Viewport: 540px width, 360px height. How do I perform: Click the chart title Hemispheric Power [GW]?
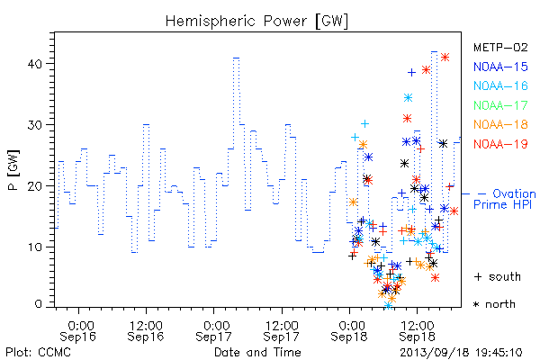coord(256,21)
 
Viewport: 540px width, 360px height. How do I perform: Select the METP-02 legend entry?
coord(500,47)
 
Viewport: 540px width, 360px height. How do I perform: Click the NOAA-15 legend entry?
coord(500,67)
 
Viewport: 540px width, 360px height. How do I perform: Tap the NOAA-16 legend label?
coord(500,85)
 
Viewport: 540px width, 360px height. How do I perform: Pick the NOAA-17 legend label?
coord(500,105)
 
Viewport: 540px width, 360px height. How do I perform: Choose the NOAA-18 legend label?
coord(500,124)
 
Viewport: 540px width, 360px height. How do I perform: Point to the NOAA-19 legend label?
coord(500,144)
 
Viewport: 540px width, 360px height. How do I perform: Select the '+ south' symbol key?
coord(498,276)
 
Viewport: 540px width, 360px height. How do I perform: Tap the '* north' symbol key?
coord(494,304)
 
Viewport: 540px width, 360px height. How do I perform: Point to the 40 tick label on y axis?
coord(34,64)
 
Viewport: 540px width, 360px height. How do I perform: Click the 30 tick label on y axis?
coord(34,125)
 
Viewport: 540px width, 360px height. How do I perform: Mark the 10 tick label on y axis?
coord(34,247)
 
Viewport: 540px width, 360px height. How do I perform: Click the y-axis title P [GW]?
coord(13,170)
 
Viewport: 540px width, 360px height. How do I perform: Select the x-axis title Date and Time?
coord(257,353)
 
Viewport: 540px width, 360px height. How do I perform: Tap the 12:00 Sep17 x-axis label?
coord(282,330)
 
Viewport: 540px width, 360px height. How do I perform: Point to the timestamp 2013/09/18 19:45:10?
coord(461,353)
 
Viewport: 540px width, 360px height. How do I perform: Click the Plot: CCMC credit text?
coord(38,353)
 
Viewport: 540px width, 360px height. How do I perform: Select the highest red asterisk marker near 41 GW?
coord(445,58)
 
